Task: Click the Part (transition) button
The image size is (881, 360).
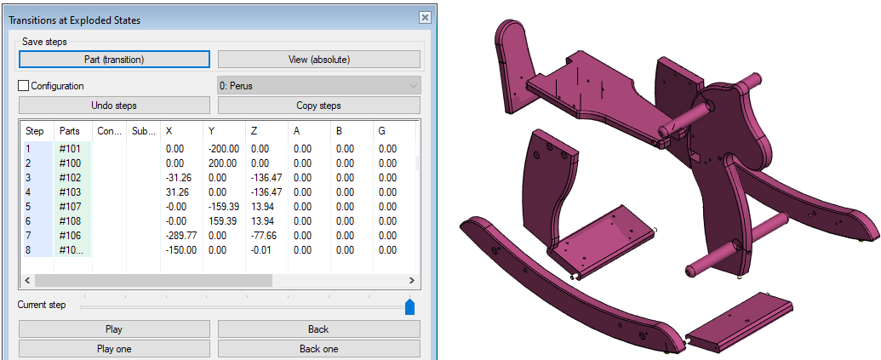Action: click(x=114, y=59)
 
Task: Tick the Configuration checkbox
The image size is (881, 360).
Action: click(x=24, y=86)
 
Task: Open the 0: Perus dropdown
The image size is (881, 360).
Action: click(x=318, y=86)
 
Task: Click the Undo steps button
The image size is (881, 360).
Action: click(x=114, y=105)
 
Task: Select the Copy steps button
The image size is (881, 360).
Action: click(x=318, y=105)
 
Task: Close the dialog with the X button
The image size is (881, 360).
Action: click(x=425, y=17)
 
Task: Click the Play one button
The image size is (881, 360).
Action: click(x=114, y=349)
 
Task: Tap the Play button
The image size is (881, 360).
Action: click(x=114, y=329)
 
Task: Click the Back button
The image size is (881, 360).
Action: click(x=318, y=329)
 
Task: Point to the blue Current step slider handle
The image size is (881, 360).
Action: click(x=409, y=306)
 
